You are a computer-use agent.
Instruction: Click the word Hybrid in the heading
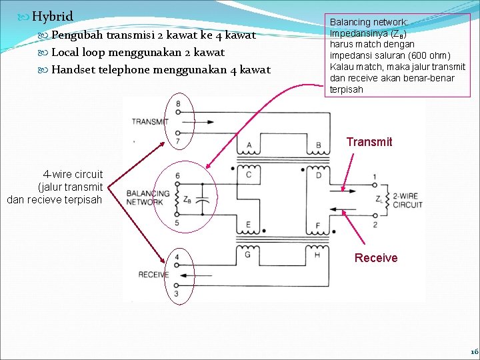point(52,16)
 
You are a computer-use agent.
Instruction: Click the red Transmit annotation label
point(369,141)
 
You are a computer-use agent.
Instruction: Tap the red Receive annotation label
point(375,258)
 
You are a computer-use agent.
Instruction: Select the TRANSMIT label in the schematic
point(150,121)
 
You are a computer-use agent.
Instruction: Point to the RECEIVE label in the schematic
point(153,275)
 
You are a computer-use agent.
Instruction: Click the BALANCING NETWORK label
point(147,197)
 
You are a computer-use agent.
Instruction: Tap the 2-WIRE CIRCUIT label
point(407,201)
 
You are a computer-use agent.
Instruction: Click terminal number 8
point(178,103)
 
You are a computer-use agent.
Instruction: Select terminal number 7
point(177,141)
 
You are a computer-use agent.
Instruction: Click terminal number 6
point(177,175)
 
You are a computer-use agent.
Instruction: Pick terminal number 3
point(177,293)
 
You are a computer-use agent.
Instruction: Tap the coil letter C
point(248,175)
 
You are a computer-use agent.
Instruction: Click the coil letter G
point(248,254)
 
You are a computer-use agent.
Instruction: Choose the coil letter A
point(249,145)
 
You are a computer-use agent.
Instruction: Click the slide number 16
point(473,351)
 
